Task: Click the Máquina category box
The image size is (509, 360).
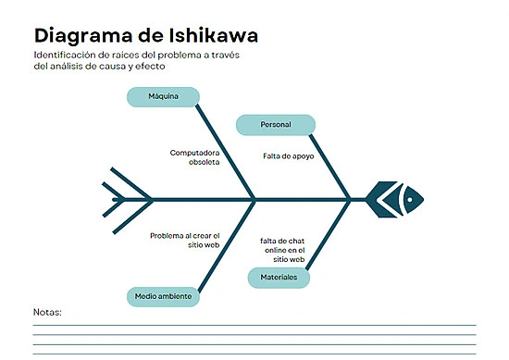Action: [x=163, y=96]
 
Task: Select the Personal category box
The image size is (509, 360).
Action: [x=276, y=124]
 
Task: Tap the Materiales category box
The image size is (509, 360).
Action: [x=279, y=277]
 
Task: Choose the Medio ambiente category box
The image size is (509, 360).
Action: [x=163, y=296]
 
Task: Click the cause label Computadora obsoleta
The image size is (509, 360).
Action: [x=194, y=156]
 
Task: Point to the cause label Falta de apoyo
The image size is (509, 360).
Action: [x=288, y=156]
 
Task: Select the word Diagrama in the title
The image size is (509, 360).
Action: [x=80, y=36]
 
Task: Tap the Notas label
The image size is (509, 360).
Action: [x=47, y=312]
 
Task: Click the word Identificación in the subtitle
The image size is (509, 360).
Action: [x=62, y=56]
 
